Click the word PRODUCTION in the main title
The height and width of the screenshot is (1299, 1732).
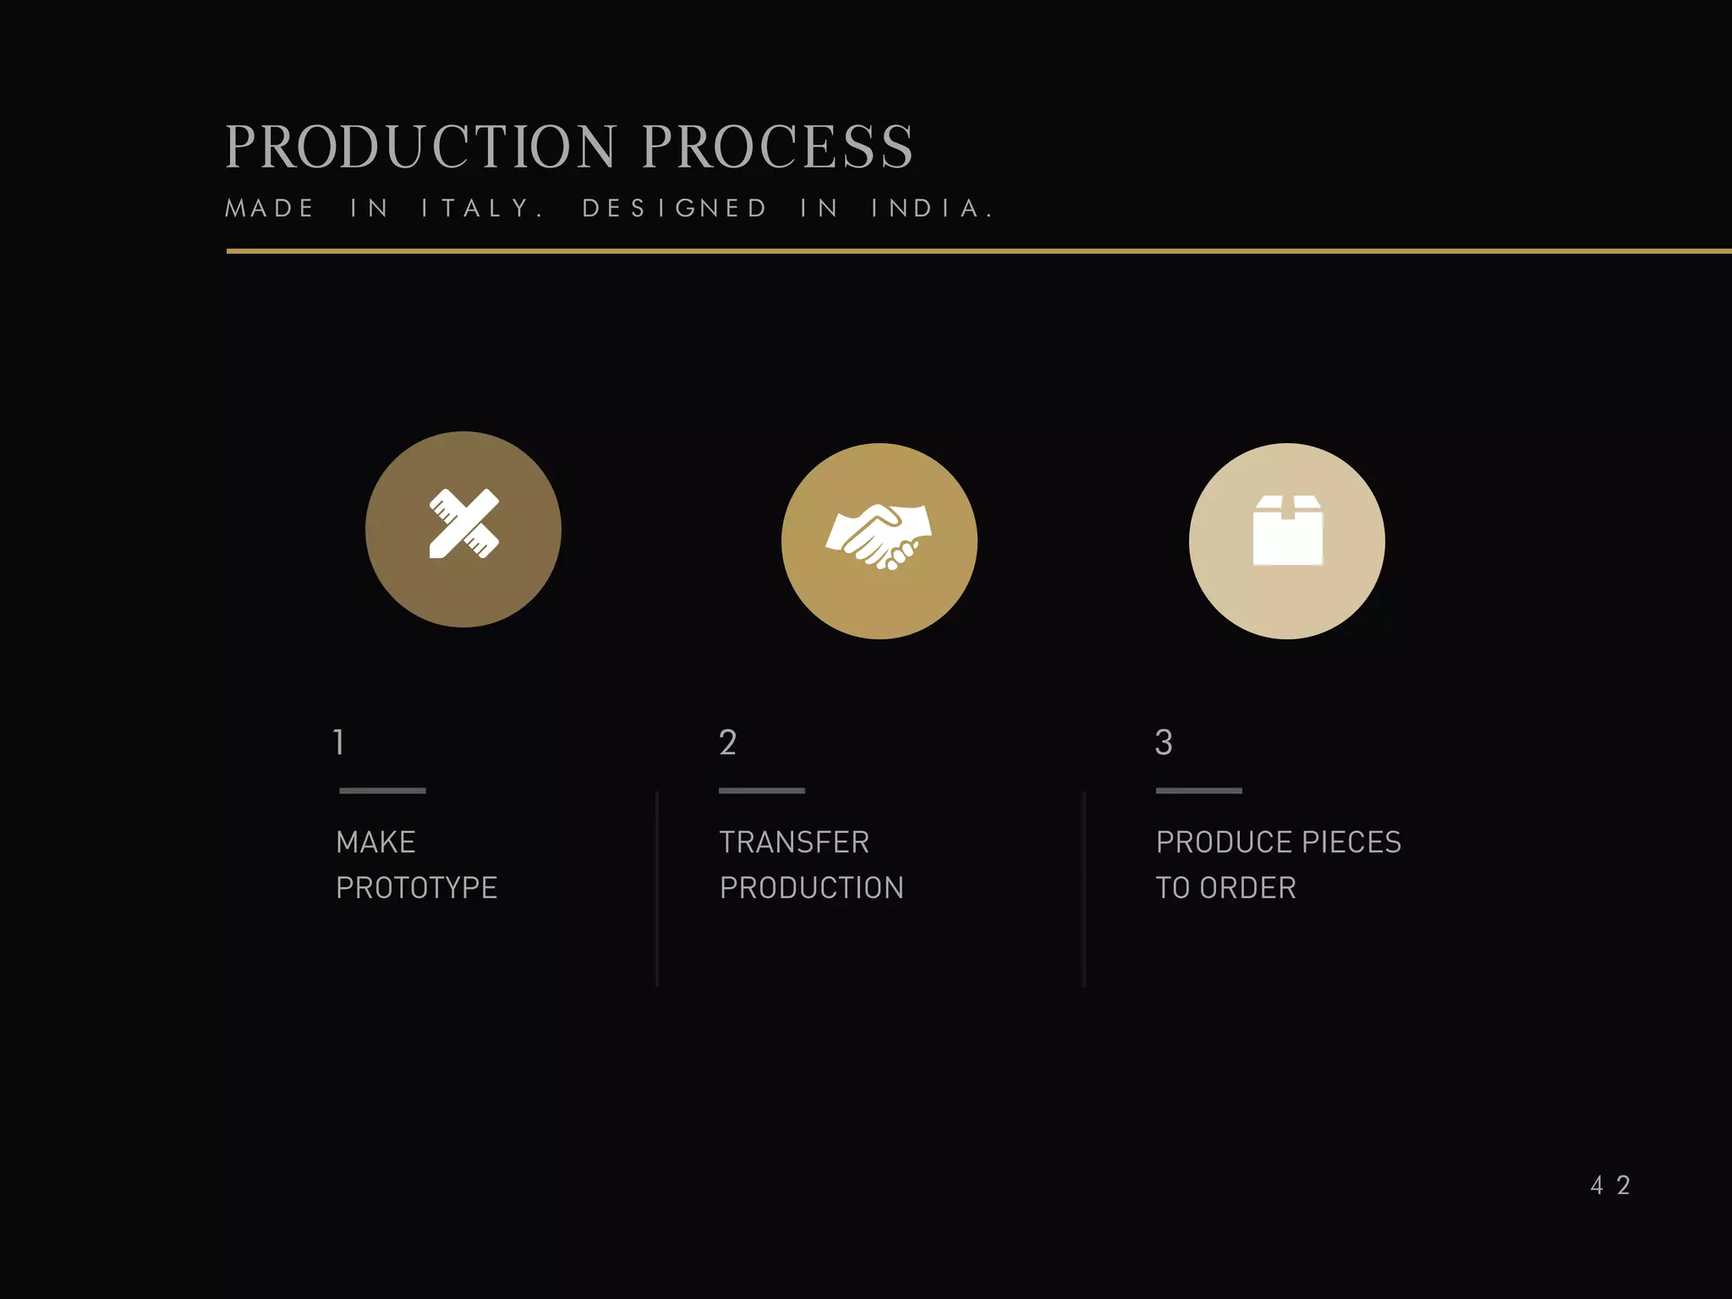(421, 147)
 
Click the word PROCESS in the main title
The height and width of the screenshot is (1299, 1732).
(777, 147)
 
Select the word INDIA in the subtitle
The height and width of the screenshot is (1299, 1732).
(931, 208)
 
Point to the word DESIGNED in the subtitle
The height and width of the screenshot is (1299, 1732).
(675, 208)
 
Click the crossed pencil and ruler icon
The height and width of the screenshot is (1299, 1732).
(463, 524)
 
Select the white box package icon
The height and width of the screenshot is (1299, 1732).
(1287, 531)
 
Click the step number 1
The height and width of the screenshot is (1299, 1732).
(339, 743)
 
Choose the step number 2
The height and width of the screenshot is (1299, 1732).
(727, 743)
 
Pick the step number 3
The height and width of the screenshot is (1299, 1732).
(1164, 743)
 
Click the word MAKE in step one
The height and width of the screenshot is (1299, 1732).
(375, 842)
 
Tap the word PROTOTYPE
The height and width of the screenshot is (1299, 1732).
(416, 888)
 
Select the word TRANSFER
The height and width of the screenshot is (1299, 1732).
(794, 842)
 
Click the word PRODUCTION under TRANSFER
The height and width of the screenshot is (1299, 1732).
(812, 888)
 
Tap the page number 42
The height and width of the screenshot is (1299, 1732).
(1609, 1185)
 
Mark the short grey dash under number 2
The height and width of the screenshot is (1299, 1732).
(761, 791)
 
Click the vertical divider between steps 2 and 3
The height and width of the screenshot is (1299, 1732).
(1084, 888)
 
